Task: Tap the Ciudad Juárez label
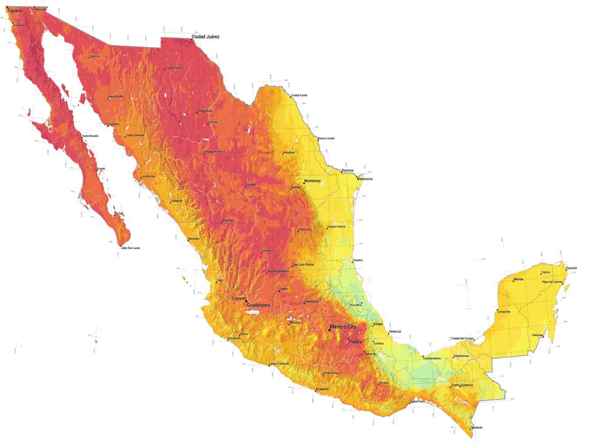tap(205, 37)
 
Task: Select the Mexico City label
tap(343, 327)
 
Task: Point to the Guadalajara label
tap(259, 305)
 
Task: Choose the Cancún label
tap(572, 268)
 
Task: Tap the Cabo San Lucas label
tap(131, 248)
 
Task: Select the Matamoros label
tap(365, 179)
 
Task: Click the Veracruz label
tap(395, 331)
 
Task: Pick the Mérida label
tap(518, 279)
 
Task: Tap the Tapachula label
tap(476, 427)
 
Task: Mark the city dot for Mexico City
tap(329, 330)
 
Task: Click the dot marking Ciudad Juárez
tap(192, 39)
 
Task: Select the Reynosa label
tap(348, 170)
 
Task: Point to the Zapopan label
tap(239, 298)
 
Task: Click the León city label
tap(283, 289)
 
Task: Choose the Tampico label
tap(357, 260)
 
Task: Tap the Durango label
tap(227, 220)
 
